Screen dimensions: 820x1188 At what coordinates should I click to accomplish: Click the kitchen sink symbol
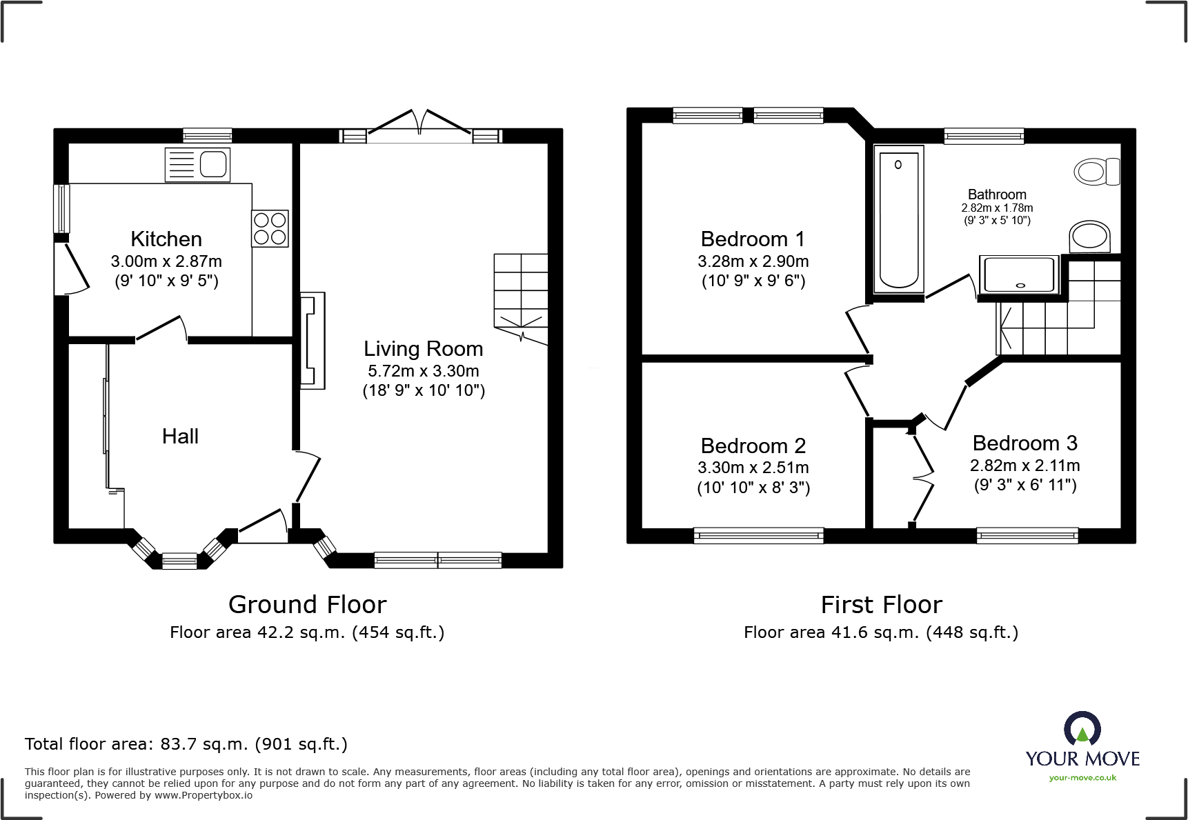coord(197,166)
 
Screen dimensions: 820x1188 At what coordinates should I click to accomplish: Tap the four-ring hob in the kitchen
coord(270,228)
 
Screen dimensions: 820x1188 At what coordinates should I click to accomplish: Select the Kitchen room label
coord(166,239)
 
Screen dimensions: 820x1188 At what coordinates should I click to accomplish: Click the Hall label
coord(180,437)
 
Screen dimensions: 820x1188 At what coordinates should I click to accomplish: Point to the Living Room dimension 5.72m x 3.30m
coord(423,371)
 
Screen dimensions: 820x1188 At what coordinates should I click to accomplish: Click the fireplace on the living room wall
coord(312,341)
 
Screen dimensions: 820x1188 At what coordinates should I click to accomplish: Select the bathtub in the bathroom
coord(898,219)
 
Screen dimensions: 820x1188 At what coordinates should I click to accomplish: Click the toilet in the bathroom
coord(1096,171)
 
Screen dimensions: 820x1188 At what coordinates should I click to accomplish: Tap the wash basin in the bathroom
coord(1089,237)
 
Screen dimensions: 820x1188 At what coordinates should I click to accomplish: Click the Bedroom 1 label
coord(753,239)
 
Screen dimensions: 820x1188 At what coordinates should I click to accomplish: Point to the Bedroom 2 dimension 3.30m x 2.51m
coord(753,468)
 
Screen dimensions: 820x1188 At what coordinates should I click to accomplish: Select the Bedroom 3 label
coord(1024,443)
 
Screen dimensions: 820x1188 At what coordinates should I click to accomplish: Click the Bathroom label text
coord(997,194)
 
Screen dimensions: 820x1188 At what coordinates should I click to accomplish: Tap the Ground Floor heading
coord(307,605)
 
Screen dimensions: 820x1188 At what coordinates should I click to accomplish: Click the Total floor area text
coord(186,744)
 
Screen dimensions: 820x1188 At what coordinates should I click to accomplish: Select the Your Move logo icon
coord(1082,730)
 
